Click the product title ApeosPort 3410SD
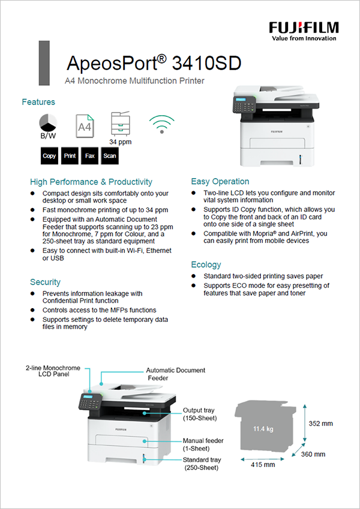point(155,62)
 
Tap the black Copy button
point(49,156)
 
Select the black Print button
point(70,156)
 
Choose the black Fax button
point(89,156)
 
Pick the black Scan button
point(109,156)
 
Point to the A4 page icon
point(84,126)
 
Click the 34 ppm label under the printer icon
point(120,142)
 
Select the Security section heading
point(45,282)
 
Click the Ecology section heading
point(206,264)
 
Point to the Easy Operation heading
point(220,181)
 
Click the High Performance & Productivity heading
point(91,182)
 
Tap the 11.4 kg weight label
point(263,429)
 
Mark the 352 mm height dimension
point(320,423)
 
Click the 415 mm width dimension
point(263,464)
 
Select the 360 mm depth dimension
point(313,454)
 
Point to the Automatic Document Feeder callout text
point(175,374)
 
